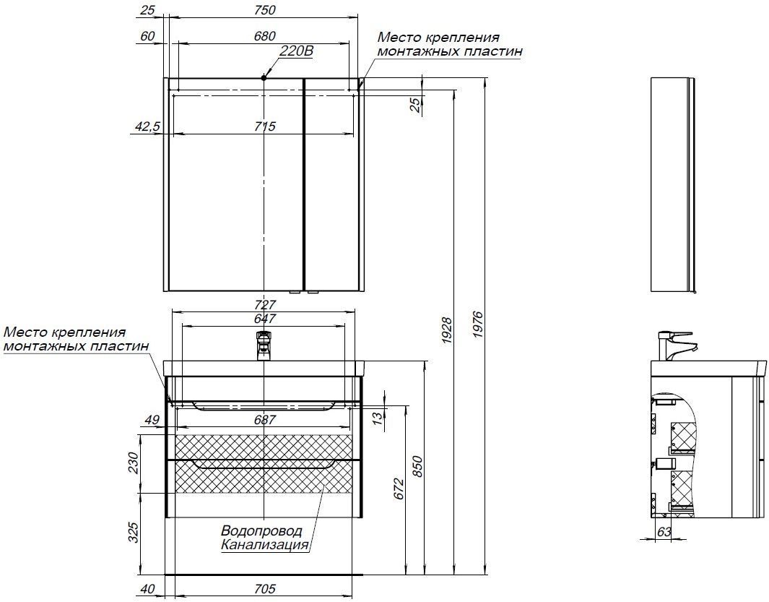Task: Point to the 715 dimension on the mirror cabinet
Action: tap(265, 126)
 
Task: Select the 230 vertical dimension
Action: tap(132, 463)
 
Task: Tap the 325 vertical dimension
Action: tap(132, 533)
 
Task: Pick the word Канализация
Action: tap(265, 545)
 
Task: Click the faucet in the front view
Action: tap(264, 345)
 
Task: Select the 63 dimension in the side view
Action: tap(663, 532)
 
